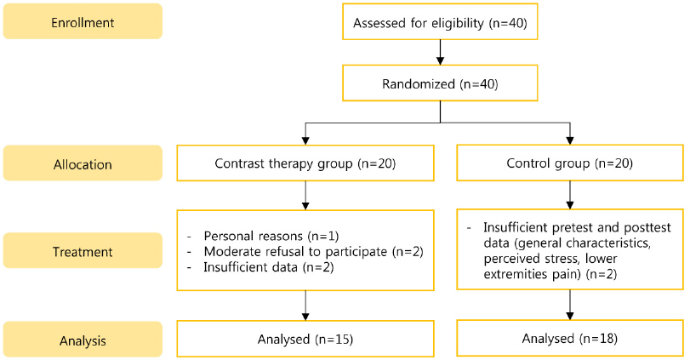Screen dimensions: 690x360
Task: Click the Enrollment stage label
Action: pyautogui.click(x=83, y=21)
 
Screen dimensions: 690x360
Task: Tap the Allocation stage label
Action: pyautogui.click(x=83, y=163)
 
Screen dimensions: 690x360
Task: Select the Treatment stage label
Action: pyautogui.click(x=83, y=251)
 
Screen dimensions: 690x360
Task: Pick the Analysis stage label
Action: pyautogui.click(x=83, y=340)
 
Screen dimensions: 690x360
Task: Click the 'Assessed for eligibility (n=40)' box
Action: pyautogui.click(x=440, y=21)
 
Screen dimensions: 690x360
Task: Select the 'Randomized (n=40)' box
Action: pyautogui.click(x=440, y=83)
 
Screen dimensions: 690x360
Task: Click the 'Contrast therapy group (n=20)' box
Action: pyautogui.click(x=305, y=163)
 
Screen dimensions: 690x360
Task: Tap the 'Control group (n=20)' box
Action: pyautogui.click(x=570, y=163)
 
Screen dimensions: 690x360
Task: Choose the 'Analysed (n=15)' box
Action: pyautogui.click(x=305, y=339)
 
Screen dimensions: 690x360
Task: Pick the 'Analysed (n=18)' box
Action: pyautogui.click(x=570, y=338)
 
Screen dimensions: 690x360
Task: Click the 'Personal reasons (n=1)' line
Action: pyautogui.click(x=271, y=237)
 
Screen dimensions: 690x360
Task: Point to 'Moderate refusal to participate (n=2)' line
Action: pyautogui.click(x=313, y=252)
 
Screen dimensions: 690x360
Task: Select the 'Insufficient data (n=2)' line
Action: pyautogui.click(x=269, y=267)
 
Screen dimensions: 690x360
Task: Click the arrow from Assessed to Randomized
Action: pyautogui.click(x=440, y=53)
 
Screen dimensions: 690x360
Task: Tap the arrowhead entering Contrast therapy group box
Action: pyautogui.click(x=305, y=141)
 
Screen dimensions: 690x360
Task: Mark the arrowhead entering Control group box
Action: pyautogui.click(x=570, y=141)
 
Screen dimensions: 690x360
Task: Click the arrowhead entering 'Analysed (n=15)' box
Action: pyautogui.click(x=305, y=317)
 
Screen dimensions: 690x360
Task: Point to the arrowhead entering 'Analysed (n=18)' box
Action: pyautogui.click(x=570, y=316)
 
